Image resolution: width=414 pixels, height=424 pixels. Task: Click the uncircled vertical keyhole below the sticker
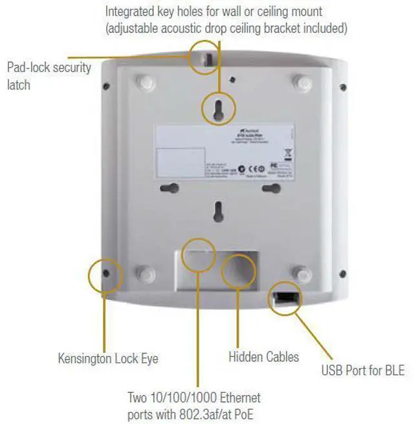point(219,211)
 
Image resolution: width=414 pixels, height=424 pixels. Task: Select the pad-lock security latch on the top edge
point(206,58)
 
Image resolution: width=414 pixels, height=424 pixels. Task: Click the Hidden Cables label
point(264,357)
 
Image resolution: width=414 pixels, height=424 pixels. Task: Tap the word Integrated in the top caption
point(129,12)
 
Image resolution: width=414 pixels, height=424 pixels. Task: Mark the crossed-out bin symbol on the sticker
point(287,153)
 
